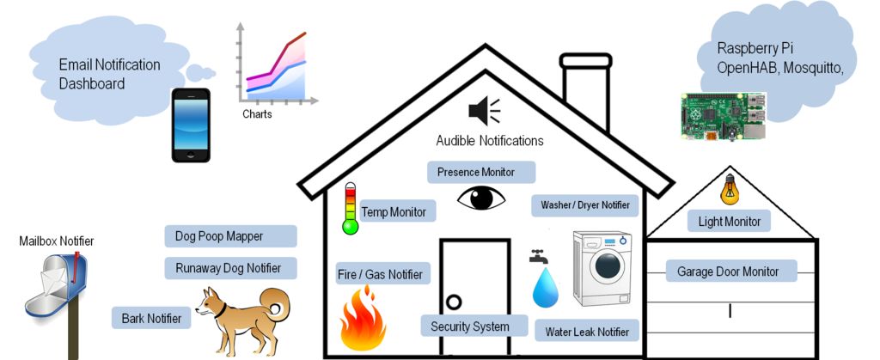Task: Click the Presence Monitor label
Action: [481, 172]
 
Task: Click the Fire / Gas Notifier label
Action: [380, 275]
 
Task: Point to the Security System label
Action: [469, 326]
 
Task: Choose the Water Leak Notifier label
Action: [587, 331]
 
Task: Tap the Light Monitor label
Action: [730, 222]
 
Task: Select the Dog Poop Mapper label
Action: [229, 236]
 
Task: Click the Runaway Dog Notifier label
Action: [229, 267]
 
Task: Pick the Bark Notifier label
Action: [151, 318]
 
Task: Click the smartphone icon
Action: [190, 125]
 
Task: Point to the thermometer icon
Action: [350, 209]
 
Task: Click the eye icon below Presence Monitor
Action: [481, 198]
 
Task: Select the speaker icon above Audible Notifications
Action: [483, 110]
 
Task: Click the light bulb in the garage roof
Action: [729, 188]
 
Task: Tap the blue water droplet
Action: [545, 288]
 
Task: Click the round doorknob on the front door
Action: [453, 302]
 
